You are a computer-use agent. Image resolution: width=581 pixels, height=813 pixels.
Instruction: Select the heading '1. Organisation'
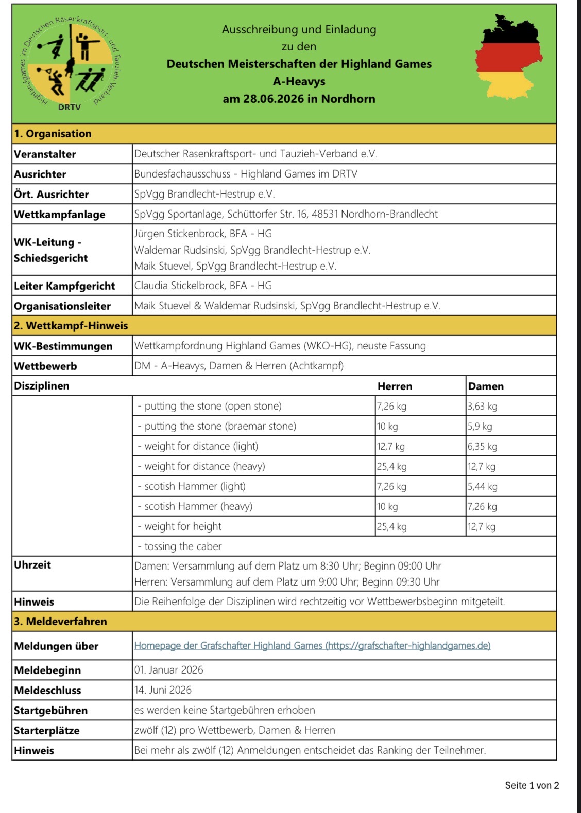point(53,134)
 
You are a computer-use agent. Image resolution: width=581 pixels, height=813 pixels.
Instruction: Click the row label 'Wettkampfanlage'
point(59,215)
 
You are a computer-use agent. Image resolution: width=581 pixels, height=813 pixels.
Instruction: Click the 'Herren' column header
point(395,386)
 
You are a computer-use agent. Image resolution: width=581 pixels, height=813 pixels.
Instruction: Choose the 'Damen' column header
point(486,386)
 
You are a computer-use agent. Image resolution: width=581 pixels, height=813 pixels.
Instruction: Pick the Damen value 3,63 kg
point(483,406)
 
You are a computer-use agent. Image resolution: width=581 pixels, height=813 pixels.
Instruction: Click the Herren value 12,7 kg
point(391,446)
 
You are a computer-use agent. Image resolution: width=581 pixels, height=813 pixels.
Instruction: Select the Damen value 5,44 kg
point(483,486)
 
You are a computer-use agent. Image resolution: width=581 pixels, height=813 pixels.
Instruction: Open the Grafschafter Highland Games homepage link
point(312,645)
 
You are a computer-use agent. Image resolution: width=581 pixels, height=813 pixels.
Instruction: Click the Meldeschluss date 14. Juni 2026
point(163,690)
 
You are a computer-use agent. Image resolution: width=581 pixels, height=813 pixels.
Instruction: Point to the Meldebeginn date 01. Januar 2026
point(168,670)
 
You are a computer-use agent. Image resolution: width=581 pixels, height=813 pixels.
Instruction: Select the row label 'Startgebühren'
point(50,711)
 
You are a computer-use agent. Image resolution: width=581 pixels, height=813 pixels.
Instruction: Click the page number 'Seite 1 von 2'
point(532,785)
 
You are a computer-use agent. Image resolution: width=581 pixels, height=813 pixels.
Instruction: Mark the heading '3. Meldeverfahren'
point(60,622)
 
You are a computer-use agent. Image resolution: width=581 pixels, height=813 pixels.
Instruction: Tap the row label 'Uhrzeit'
point(32,565)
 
